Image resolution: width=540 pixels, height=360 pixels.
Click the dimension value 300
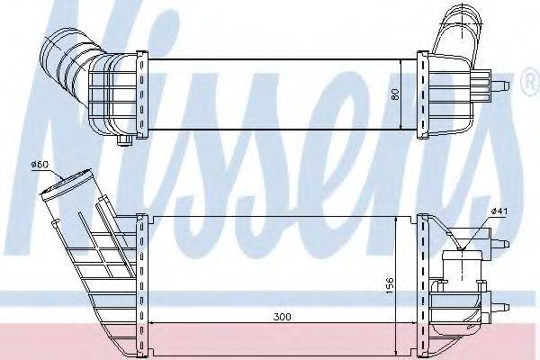point(282,316)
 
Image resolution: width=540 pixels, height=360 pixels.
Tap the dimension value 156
point(389,284)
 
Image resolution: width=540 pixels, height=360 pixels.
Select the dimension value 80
point(395,94)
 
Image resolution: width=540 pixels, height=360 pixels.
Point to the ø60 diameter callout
point(40,165)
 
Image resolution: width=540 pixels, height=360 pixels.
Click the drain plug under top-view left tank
point(123,139)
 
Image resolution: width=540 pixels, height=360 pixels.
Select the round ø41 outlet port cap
point(461,256)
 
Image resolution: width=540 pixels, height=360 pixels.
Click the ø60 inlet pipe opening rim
point(66,184)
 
